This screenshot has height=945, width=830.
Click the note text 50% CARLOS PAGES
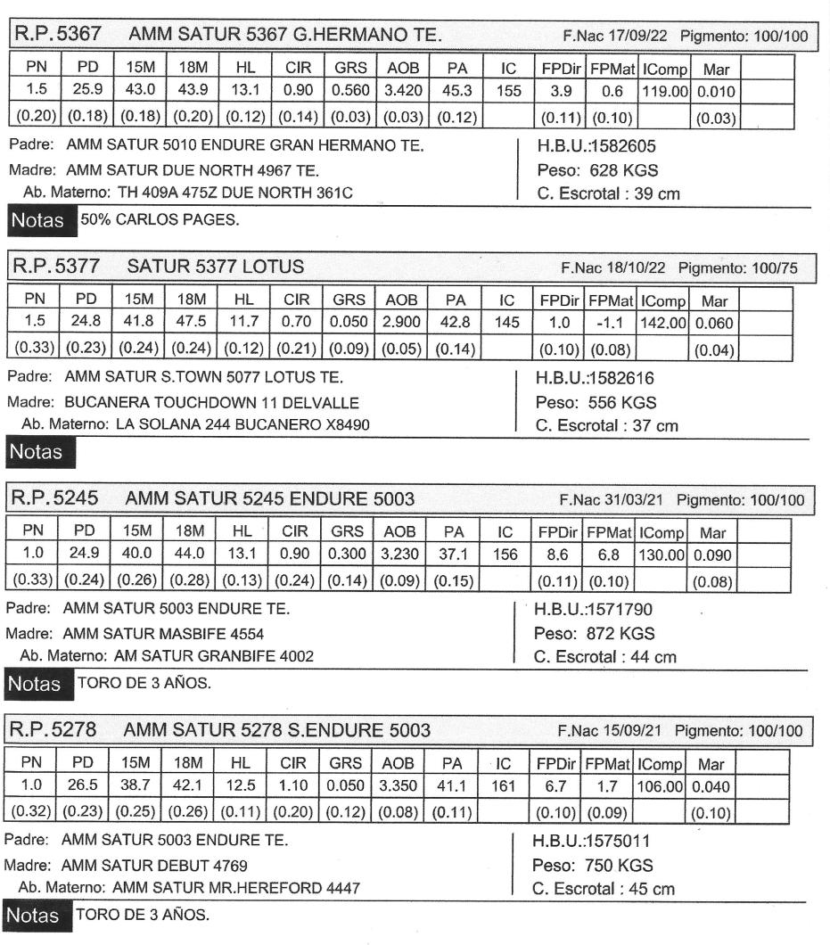click(160, 220)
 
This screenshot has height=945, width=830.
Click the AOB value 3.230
click(399, 554)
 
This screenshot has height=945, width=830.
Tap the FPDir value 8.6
click(560, 554)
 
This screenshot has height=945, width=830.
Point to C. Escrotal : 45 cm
click(603, 889)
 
